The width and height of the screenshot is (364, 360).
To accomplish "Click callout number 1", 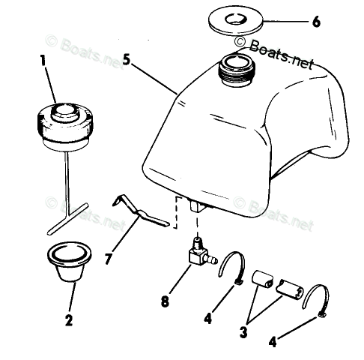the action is [x=43, y=60].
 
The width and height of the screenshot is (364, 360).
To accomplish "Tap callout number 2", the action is [x=69, y=319].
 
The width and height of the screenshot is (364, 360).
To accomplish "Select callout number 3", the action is [x=243, y=332].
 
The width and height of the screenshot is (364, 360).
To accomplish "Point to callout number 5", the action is [x=127, y=60].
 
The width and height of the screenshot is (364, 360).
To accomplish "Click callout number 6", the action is [x=316, y=22].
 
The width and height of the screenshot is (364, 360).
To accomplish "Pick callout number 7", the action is [x=108, y=259].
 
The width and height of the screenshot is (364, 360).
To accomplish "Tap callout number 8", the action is [x=165, y=301].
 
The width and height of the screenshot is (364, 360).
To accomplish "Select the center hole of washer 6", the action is [x=235, y=19].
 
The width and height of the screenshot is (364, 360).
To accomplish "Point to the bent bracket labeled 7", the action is [x=141, y=212].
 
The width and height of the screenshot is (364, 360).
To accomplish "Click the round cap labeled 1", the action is [x=65, y=126].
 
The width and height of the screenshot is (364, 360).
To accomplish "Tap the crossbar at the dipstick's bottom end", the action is [x=67, y=219].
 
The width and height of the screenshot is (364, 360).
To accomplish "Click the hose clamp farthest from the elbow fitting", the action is [x=315, y=300].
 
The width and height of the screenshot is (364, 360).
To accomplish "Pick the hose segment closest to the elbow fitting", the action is [x=262, y=279].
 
